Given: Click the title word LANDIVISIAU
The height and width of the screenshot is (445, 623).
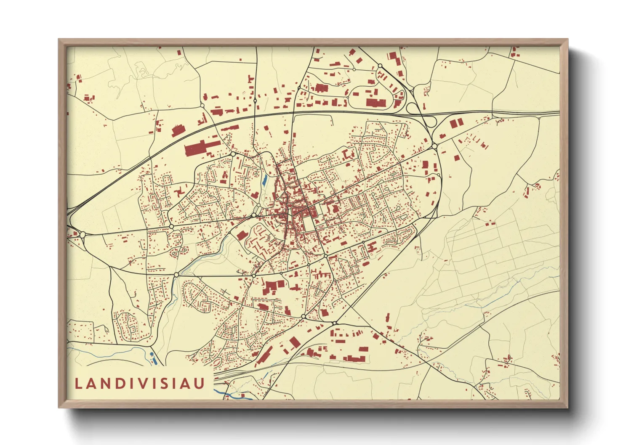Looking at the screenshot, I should coord(140,383).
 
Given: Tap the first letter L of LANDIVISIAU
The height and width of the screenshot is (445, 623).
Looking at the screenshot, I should coord(78,384).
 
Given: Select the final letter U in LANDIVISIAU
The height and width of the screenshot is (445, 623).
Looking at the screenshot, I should coord(200,383).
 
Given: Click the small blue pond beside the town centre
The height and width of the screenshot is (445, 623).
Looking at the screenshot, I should coord(264,182).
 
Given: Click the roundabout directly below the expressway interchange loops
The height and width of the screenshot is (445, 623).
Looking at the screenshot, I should coord(434,146).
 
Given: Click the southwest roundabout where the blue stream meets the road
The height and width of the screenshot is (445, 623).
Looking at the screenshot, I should coord(176,274).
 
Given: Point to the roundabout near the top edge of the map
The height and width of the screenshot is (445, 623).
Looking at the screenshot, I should coord(380,66).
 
